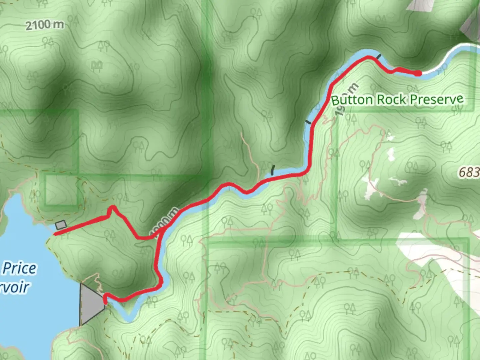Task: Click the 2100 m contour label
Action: click(45, 25)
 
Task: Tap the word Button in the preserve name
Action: click(352, 100)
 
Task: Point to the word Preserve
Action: click(437, 99)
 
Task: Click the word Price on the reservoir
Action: click(19, 268)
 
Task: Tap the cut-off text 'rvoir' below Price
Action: click(15, 287)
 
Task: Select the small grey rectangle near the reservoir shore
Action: click(61, 225)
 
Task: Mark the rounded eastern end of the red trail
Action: click(418, 73)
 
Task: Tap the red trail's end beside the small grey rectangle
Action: click(55, 234)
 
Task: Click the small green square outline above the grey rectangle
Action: click(62, 190)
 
